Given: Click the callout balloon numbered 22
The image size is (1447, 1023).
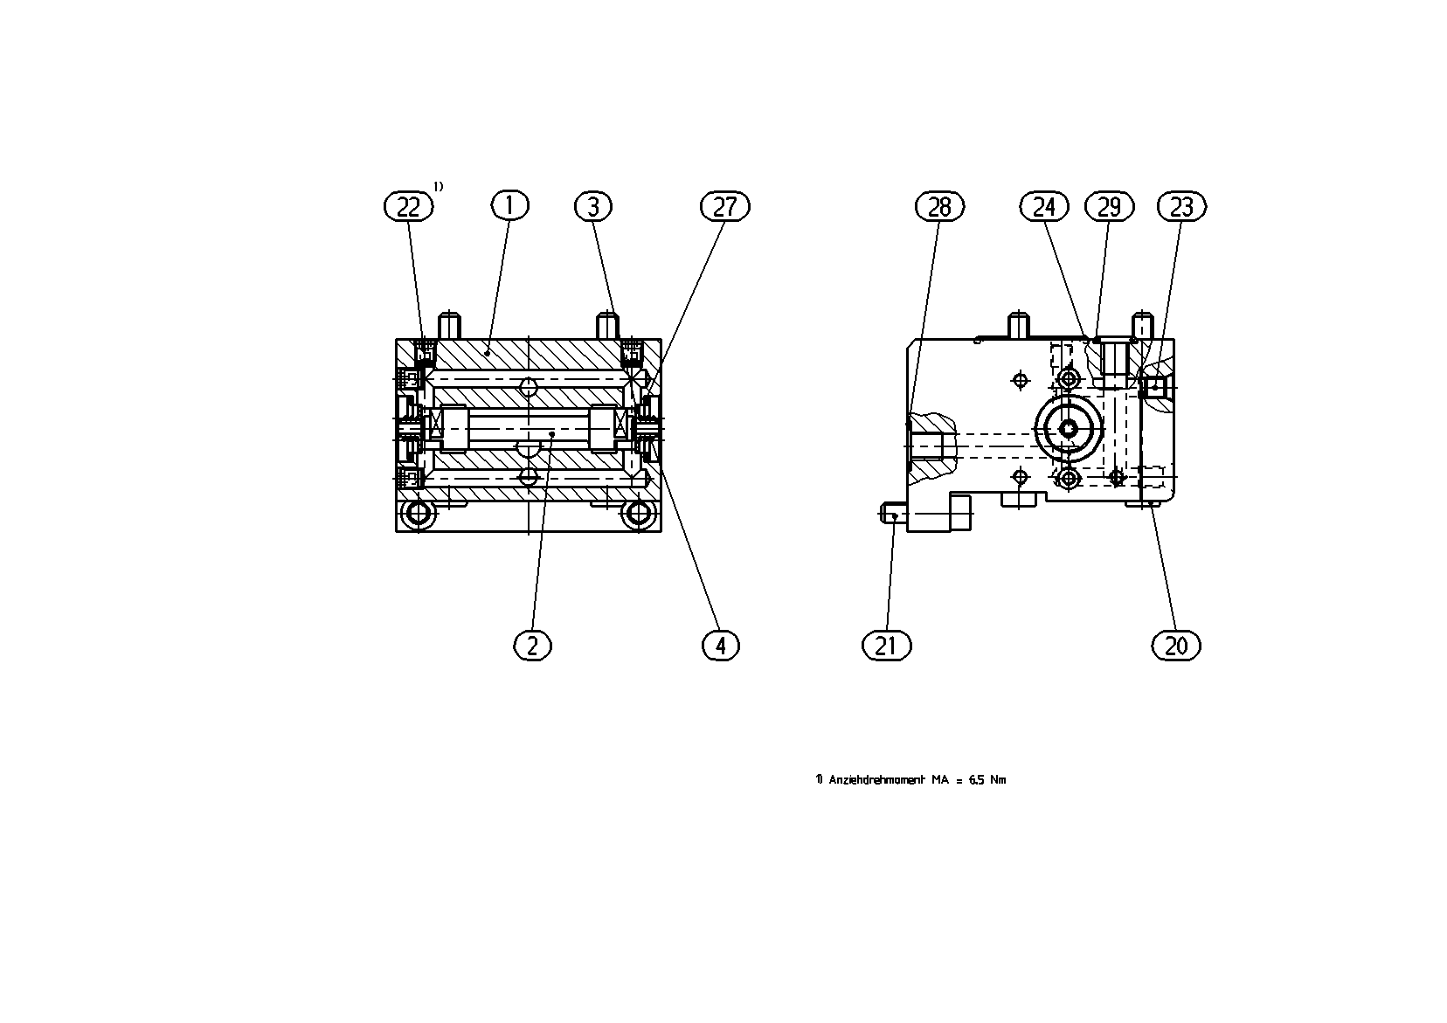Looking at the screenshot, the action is click(x=408, y=207).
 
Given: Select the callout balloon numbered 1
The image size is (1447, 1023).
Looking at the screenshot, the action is click(x=509, y=205).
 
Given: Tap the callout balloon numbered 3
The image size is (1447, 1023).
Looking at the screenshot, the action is click(x=593, y=207).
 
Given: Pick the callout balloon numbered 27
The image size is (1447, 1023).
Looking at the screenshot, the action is click(x=724, y=207).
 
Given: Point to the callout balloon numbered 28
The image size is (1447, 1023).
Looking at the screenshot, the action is click(x=939, y=207).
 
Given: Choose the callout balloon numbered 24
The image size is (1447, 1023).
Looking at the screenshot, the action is click(x=1044, y=207).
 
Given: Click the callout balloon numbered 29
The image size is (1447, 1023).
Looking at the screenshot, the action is click(x=1109, y=207).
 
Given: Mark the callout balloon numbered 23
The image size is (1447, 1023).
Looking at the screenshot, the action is click(x=1181, y=207).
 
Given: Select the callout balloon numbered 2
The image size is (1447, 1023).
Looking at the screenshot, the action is click(x=532, y=646).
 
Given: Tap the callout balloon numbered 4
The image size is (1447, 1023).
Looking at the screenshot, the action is click(x=721, y=646).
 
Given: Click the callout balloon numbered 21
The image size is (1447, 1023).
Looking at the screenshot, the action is click(x=886, y=646).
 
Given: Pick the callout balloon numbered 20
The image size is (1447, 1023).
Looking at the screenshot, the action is click(x=1176, y=646).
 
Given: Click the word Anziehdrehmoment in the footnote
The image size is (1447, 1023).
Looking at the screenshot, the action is click(x=876, y=779).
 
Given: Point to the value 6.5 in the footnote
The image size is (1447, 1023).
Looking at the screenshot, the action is click(x=977, y=779).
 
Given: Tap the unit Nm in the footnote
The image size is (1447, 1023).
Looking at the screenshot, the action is click(x=999, y=779).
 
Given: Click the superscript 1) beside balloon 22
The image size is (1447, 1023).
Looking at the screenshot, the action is click(x=438, y=187).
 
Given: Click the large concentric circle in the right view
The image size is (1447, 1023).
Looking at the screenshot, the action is click(x=1069, y=428).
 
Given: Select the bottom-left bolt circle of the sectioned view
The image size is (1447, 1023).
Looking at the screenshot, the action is click(x=419, y=514).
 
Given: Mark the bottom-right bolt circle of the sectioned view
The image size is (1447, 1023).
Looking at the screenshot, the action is click(x=639, y=514).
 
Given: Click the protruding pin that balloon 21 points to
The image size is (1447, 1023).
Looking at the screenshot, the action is click(x=893, y=514).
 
